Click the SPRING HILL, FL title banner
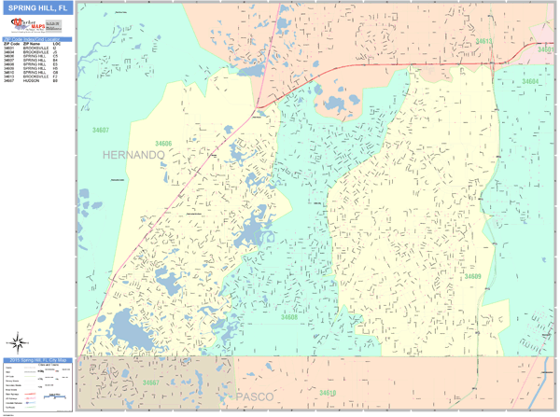pyautogui.click(x=37, y=8)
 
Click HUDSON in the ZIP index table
pyautogui.click(x=31, y=80)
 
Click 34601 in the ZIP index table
pyautogui.click(x=9, y=48)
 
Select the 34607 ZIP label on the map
pyautogui.click(x=101, y=131)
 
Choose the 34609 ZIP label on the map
pyautogui.click(x=473, y=276)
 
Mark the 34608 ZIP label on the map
pyautogui.click(x=289, y=317)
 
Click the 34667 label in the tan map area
pyautogui.click(x=151, y=382)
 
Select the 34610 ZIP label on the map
pyautogui.click(x=327, y=394)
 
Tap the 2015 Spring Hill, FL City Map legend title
pyautogui.click(x=37, y=360)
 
